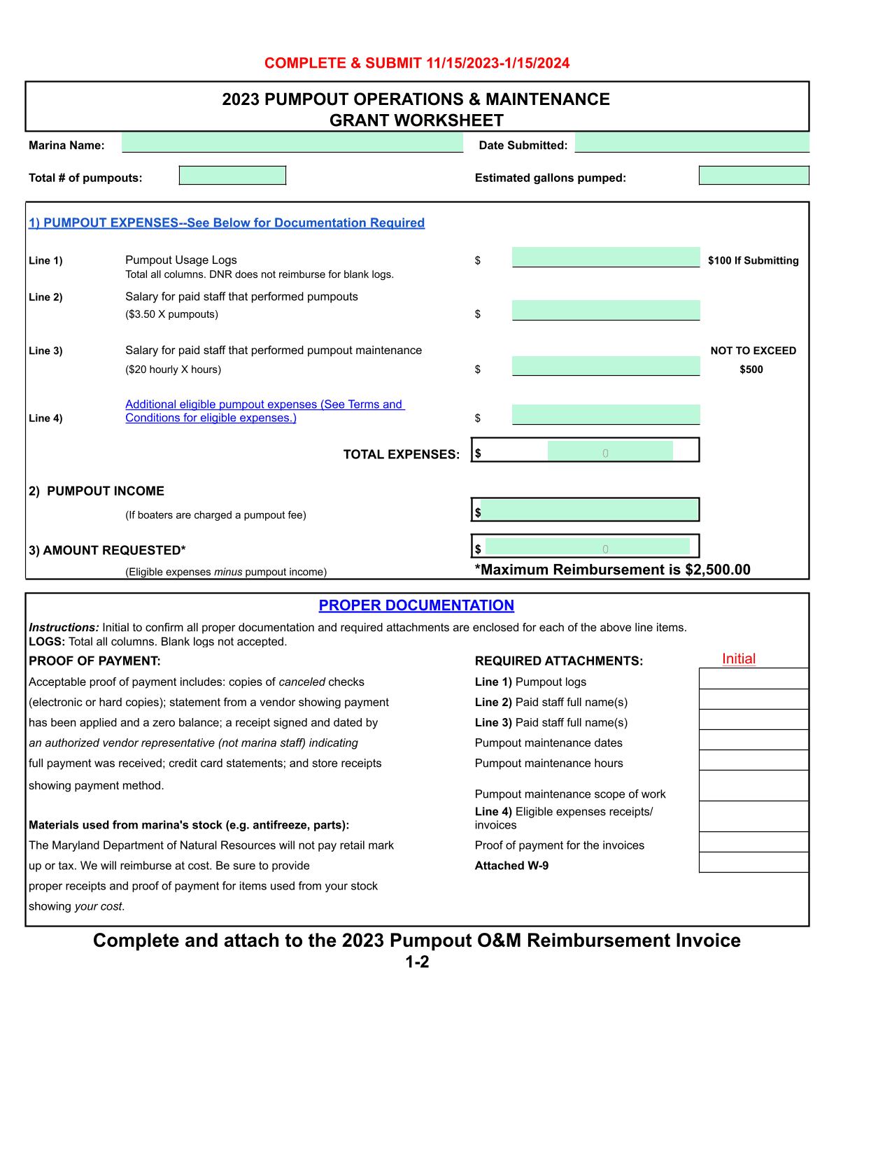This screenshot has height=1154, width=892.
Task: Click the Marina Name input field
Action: click(292, 143)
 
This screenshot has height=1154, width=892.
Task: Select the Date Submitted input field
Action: click(692, 143)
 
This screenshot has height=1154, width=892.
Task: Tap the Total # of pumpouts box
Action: click(232, 176)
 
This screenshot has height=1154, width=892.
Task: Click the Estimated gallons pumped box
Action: click(753, 176)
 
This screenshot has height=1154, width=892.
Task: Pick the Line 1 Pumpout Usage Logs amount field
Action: click(606, 257)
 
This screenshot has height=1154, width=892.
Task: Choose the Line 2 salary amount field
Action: click(606, 310)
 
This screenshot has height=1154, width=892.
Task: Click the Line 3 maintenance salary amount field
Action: click(606, 366)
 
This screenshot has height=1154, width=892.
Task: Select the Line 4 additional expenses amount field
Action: click(606, 414)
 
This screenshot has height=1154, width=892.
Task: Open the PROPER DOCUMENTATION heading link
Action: click(416, 605)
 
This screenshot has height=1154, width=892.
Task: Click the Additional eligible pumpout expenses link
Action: click(264, 411)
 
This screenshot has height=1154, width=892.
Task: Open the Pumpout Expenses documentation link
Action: click(227, 223)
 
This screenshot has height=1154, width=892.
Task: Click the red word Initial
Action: click(739, 659)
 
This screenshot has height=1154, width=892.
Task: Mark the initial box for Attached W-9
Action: click(753, 862)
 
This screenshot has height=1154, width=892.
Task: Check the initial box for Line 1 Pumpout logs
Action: click(753, 679)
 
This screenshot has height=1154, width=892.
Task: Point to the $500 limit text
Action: click(751, 370)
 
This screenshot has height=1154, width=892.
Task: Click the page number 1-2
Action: click(417, 962)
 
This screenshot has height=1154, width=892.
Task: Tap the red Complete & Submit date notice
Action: click(417, 63)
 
